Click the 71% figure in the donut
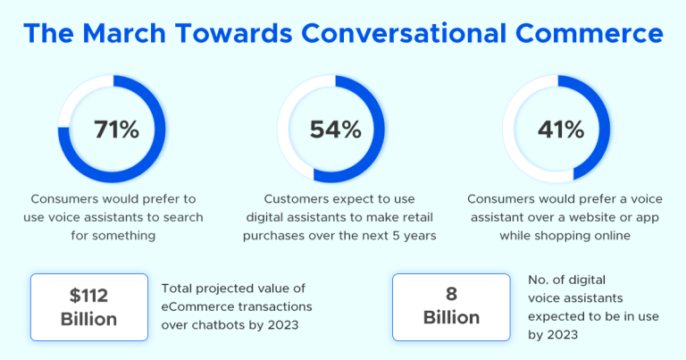click(x=116, y=130)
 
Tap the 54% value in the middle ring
click(x=335, y=130)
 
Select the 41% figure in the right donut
click(x=561, y=130)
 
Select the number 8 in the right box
click(x=452, y=293)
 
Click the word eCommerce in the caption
click(x=198, y=306)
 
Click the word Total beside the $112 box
click(x=178, y=288)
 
